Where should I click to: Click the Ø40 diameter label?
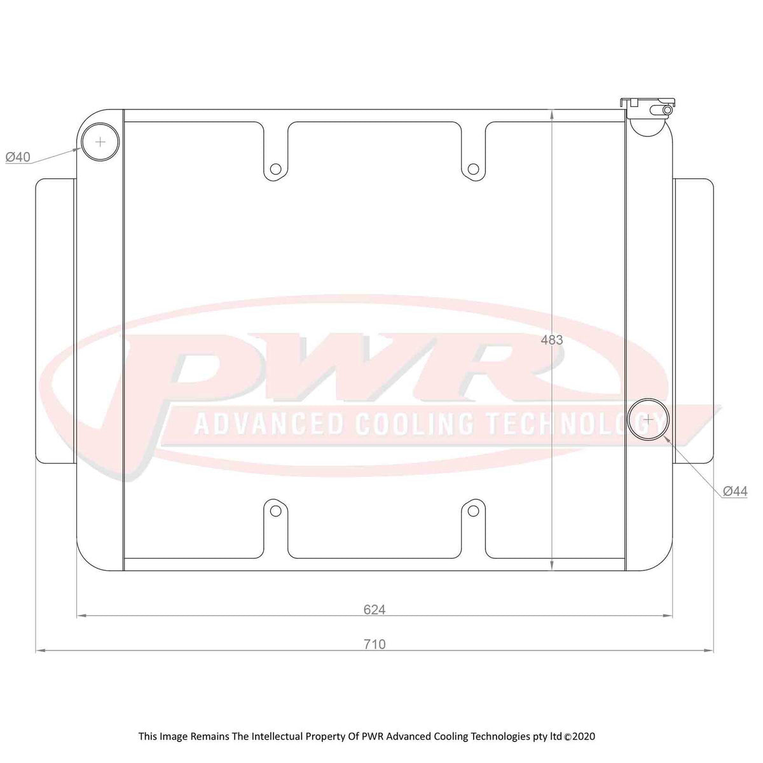point(18,157)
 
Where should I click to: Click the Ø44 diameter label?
point(735,491)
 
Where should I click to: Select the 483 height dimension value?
point(551,340)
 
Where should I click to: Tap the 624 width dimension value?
point(375,610)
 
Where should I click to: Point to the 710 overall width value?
point(375,644)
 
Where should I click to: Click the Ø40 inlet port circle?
point(100,142)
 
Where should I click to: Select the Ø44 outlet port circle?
point(648,419)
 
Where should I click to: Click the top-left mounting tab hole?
point(275,169)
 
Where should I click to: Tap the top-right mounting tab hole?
point(473,169)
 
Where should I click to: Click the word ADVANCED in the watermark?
point(269,423)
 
